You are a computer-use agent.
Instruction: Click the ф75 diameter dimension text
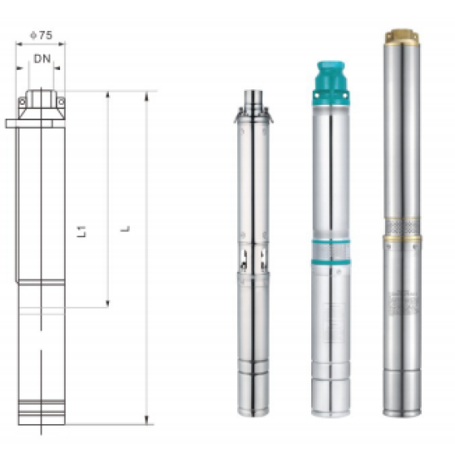pos(40,36)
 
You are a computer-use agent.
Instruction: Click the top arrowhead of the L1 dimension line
pos(107,95)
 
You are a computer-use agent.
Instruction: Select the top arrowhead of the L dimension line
pos(146,95)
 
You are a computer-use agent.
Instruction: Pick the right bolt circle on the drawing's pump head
pos(61,101)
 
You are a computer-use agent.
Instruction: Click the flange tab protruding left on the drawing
pos(11,123)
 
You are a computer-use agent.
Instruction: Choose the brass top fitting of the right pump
pos(401,37)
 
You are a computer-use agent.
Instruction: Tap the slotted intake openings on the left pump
pos(253,258)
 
